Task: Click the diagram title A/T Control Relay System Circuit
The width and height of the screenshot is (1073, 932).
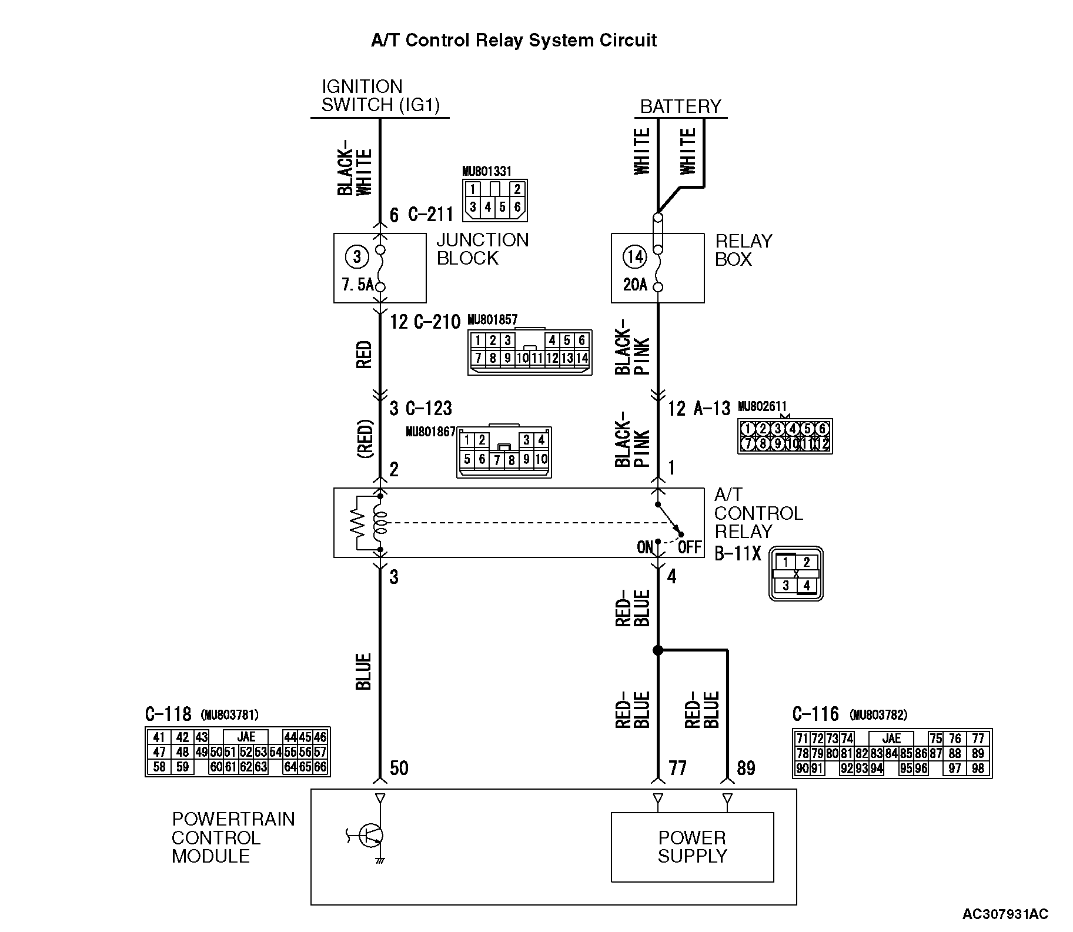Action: (x=513, y=41)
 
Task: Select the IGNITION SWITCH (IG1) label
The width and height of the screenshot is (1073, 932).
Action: (x=380, y=96)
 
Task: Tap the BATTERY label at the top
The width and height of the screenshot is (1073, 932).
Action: (x=680, y=106)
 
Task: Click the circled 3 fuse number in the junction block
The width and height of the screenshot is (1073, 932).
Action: (x=356, y=256)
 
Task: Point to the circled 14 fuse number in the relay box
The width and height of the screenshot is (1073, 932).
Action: (x=634, y=256)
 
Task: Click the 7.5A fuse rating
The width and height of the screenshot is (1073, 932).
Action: (x=357, y=285)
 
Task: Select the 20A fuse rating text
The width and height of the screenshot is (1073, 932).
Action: (x=635, y=285)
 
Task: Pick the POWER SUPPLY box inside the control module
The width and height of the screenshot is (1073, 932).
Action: (x=692, y=847)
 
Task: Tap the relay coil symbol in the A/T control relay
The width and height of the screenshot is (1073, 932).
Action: (x=380, y=523)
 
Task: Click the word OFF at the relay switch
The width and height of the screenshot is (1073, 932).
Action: (x=690, y=547)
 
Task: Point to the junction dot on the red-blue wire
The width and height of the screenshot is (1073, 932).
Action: (x=658, y=650)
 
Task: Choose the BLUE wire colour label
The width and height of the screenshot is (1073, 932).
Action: (x=364, y=672)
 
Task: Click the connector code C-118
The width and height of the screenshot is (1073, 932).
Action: (x=168, y=714)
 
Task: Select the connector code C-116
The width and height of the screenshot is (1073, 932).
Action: (x=815, y=714)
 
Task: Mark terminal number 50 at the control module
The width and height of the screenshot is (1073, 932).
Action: (x=399, y=768)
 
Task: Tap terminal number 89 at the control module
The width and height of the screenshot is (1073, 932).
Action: (x=746, y=768)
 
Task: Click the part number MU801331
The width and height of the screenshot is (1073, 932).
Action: (x=486, y=171)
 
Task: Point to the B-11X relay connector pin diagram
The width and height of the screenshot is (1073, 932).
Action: (x=795, y=574)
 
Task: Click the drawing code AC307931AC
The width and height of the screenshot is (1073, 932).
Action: (x=1005, y=914)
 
